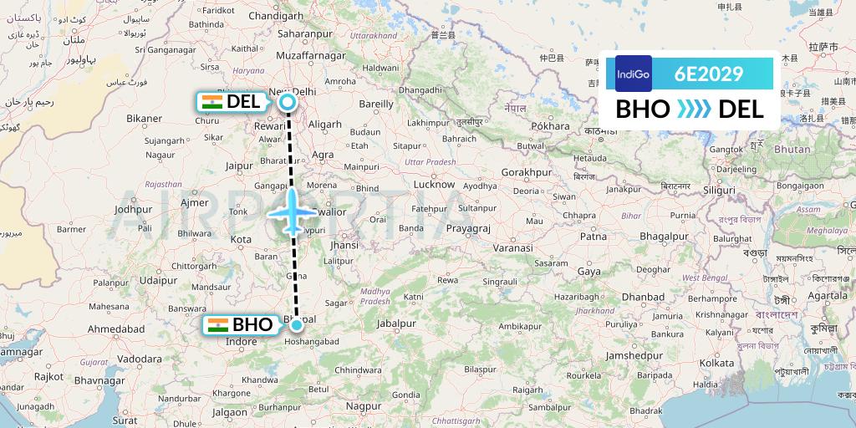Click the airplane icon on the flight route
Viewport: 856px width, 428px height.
(292, 211)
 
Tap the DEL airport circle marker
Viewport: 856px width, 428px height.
(288, 103)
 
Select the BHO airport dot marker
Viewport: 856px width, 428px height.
(296, 324)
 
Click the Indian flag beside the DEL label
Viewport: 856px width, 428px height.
(212, 103)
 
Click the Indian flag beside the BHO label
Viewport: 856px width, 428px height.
(218, 325)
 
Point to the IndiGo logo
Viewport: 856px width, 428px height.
(633, 74)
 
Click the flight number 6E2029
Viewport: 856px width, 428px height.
(709, 74)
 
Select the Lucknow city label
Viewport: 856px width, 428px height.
(433, 184)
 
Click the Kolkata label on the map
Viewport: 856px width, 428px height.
(716, 363)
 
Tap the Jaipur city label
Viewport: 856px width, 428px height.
(239, 166)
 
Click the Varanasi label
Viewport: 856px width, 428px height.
(512, 249)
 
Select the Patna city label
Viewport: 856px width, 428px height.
(594, 237)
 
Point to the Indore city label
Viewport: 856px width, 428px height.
(242, 342)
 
